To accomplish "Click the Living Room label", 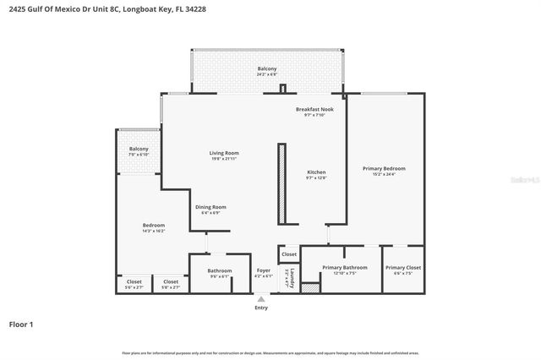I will tap(223, 153).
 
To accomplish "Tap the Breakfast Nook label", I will tap(314, 109).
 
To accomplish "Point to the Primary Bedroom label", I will tap(385, 169).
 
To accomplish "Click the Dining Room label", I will tap(210, 207).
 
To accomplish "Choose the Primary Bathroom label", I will tap(344, 268).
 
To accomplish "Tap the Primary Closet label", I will tap(403, 268).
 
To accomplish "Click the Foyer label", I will tap(264, 270).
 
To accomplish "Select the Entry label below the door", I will tap(261, 308).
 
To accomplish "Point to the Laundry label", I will tap(289, 275).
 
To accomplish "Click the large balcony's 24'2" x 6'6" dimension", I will tap(267, 74).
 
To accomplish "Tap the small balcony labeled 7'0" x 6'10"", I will tap(139, 152).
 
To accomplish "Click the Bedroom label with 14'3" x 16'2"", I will tap(153, 226).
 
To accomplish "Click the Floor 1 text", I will tap(21, 324).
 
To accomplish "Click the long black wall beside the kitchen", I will tap(281, 183).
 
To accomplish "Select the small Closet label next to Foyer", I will tap(289, 254).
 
